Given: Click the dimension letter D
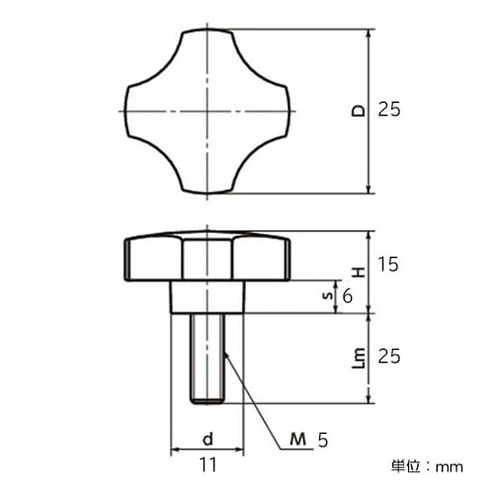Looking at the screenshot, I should (x=357, y=111).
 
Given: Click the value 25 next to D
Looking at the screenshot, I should (x=389, y=111).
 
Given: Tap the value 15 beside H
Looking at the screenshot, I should (x=389, y=265).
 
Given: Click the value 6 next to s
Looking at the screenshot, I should (x=347, y=294).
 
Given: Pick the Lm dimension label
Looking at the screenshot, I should (x=357, y=356).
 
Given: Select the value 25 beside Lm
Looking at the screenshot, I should (x=389, y=356).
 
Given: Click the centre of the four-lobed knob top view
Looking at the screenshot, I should (x=207, y=111).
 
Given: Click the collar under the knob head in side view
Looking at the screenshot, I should (x=207, y=295).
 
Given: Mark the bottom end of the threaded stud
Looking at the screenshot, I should (x=207, y=399).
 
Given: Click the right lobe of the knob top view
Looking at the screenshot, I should (x=275, y=111).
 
